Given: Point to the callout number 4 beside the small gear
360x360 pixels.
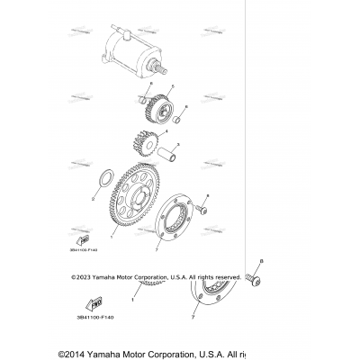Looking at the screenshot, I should [166, 132].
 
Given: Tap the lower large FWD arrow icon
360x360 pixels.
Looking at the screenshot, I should [97, 302].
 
